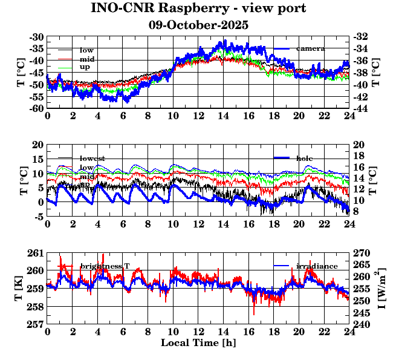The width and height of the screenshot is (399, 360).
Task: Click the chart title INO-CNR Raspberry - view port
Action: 198,9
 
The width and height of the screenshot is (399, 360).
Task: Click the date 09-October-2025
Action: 198,26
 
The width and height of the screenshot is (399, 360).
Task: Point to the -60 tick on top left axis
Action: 36,108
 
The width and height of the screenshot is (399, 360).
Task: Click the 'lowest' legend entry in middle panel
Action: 92,159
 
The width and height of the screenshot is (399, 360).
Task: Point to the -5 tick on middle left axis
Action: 38,217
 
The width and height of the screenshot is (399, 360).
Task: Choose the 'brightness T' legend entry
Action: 105,266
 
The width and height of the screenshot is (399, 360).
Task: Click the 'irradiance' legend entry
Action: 317,266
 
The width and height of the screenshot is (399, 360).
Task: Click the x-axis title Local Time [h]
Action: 198,343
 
